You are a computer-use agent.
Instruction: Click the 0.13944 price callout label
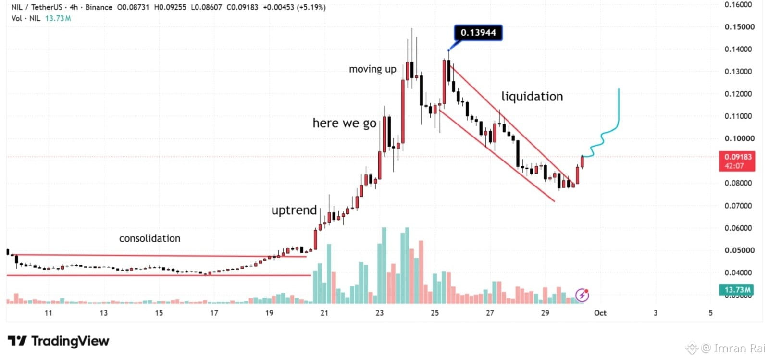(478, 33)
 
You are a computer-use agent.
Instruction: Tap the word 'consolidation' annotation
(149, 238)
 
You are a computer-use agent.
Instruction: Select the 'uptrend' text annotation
(294, 210)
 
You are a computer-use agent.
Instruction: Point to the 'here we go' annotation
(344, 123)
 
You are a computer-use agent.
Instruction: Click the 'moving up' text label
(372, 69)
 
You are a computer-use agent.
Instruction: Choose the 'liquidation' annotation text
(532, 97)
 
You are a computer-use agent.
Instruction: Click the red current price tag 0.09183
(737, 161)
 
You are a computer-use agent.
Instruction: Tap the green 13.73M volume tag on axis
(737, 290)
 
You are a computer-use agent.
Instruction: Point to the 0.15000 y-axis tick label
(740, 27)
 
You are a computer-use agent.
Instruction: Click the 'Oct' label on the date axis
(600, 313)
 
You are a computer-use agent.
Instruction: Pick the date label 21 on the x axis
(324, 313)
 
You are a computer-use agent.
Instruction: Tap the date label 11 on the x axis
(49, 313)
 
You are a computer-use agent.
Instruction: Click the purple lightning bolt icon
(582, 295)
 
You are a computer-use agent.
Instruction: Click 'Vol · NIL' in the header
(26, 18)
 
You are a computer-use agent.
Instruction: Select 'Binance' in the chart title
(99, 7)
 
